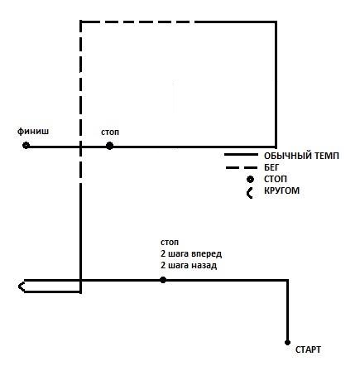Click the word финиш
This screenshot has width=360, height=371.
click(33, 131)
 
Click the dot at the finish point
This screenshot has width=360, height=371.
click(26, 146)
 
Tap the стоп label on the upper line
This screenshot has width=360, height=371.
click(110, 132)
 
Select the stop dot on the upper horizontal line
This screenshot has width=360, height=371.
click(109, 146)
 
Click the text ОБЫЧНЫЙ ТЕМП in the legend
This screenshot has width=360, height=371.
click(301, 156)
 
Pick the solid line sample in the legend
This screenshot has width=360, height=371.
click(241, 155)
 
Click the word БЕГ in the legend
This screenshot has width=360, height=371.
click(271, 167)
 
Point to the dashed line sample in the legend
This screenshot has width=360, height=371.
click(242, 167)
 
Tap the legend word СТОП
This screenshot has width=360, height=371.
click(276, 179)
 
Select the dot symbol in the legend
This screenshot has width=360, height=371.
click(250, 180)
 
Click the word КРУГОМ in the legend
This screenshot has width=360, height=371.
click(281, 190)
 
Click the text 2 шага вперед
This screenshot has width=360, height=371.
click(191, 253)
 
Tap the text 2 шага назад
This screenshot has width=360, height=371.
click(189, 265)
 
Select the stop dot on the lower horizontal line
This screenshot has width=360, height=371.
click(163, 280)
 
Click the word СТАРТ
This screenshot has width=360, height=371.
click(308, 349)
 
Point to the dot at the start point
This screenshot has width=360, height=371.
click(287, 343)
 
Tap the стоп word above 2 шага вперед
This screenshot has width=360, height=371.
click(170, 243)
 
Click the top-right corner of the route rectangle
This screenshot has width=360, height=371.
click(276, 22)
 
